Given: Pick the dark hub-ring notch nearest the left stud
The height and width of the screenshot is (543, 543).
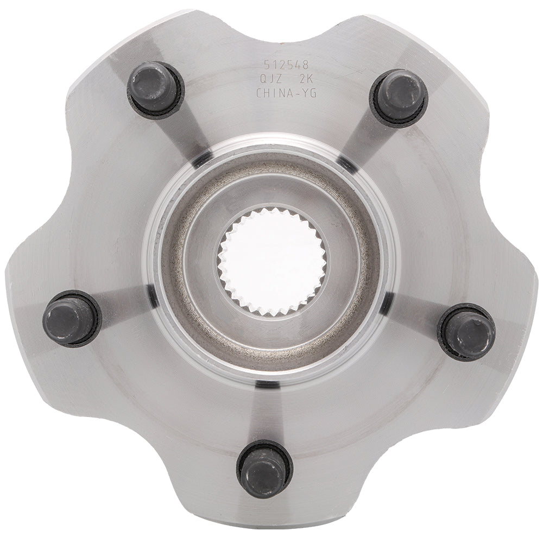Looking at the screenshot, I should tap(152, 294).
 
